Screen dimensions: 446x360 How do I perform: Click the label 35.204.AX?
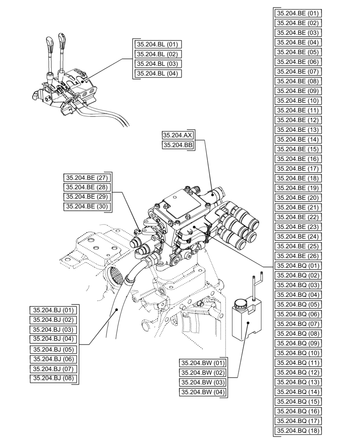pyautogui.click(x=178, y=135)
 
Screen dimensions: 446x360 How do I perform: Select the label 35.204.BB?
pyautogui.click(x=178, y=145)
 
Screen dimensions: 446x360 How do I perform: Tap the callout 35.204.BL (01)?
pyautogui.click(x=157, y=45)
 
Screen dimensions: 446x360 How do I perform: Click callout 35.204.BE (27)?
pyautogui.click(x=87, y=177)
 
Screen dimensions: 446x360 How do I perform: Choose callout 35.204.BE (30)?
pyautogui.click(x=87, y=206)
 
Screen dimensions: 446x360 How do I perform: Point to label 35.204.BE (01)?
pyautogui.click(x=297, y=13)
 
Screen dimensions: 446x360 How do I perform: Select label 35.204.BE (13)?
pyautogui.click(x=297, y=130)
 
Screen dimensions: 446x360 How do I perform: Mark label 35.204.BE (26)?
pyautogui.click(x=297, y=256)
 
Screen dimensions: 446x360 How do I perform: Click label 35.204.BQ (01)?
pyautogui.click(x=297, y=266)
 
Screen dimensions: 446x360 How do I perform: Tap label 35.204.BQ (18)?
pyautogui.click(x=297, y=430)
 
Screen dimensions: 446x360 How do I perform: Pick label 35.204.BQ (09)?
pyautogui.click(x=297, y=343)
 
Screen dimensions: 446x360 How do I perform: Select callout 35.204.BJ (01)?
pyautogui.click(x=53, y=310)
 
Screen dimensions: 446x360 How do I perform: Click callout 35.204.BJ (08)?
pyautogui.click(x=53, y=379)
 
